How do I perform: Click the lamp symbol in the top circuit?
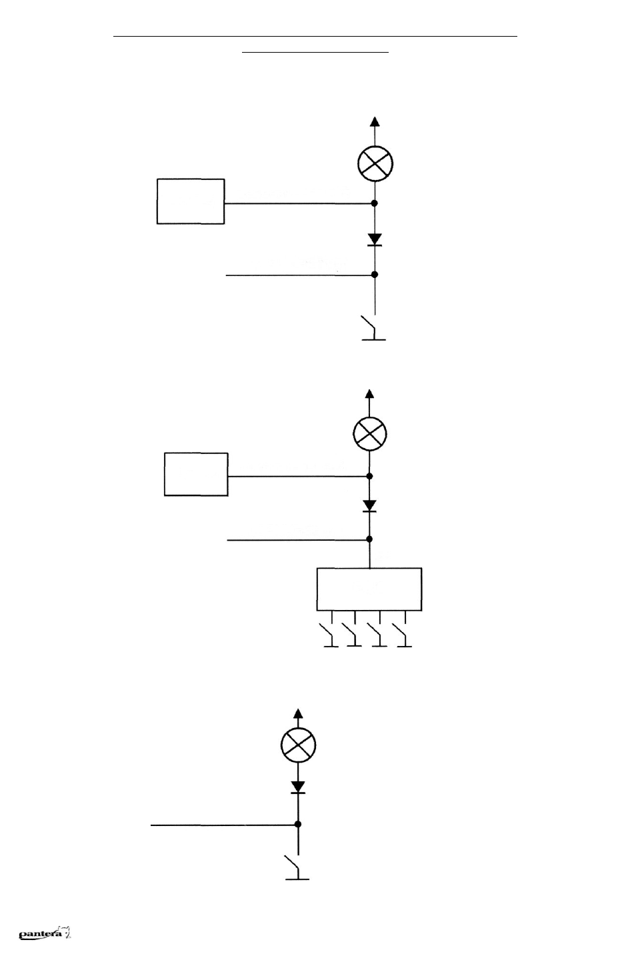coord(375,163)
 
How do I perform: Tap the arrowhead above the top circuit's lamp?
coord(375,121)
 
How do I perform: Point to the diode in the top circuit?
coord(375,239)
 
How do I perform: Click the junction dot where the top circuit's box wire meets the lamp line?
coord(375,203)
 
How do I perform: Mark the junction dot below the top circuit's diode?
coord(375,275)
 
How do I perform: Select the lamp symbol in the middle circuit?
coord(370,434)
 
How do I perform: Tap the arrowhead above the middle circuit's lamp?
coord(370,394)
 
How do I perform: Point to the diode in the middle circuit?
coord(370,505)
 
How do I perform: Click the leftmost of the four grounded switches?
coord(329,635)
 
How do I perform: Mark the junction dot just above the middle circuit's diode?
coord(370,476)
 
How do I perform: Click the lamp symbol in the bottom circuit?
coord(298,745)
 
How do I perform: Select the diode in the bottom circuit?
coord(298,787)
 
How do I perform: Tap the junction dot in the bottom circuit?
coord(297,824)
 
